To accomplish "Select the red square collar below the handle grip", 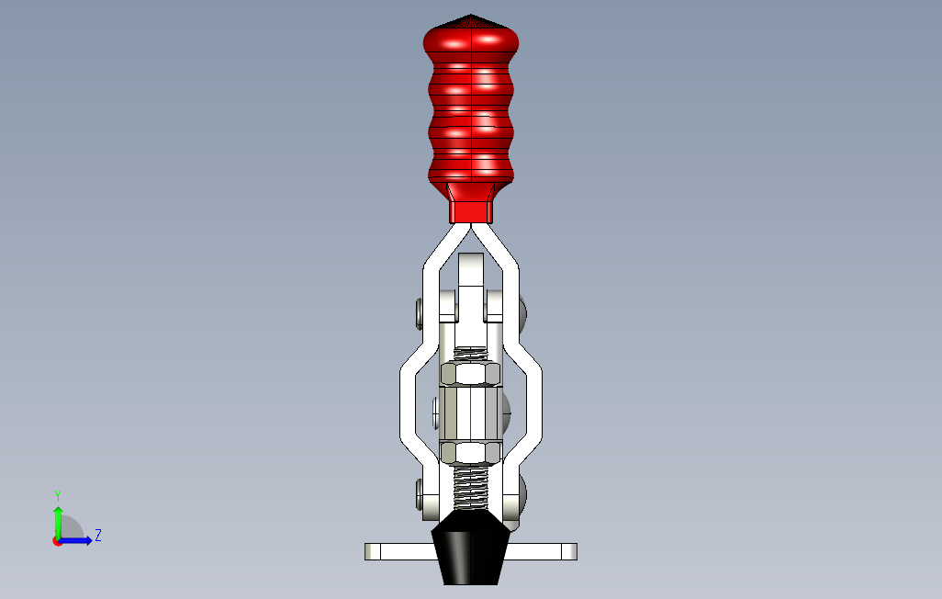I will point(470,211).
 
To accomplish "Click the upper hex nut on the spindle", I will point(471,374).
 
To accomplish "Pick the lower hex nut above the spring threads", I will point(471,451).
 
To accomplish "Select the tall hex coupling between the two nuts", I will point(470,413).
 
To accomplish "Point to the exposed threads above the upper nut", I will point(471,355).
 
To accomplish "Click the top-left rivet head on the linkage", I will point(420,314).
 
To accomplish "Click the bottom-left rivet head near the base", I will point(420,493).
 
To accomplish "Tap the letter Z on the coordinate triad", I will point(97,535).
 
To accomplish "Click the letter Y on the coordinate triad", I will point(58,495).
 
